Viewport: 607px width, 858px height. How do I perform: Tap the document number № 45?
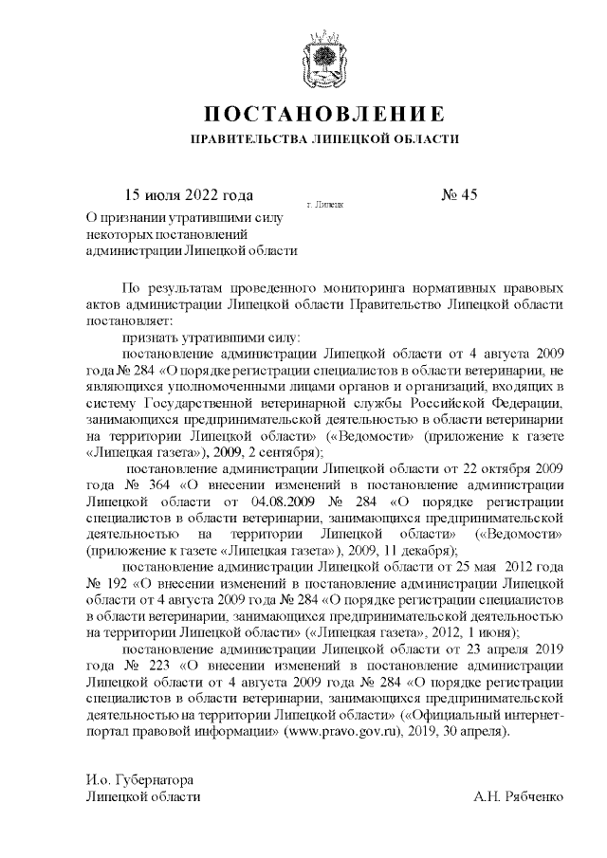[461, 196]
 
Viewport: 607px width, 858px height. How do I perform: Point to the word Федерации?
[528, 402]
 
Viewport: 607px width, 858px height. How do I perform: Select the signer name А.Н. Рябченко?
[519, 796]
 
